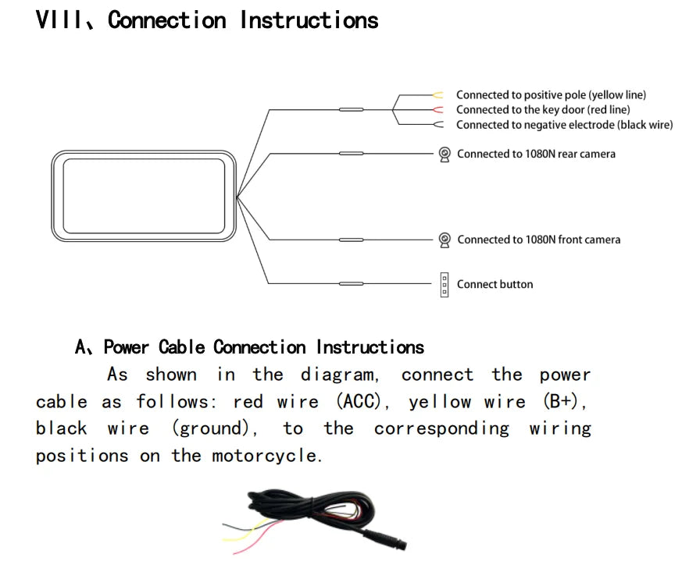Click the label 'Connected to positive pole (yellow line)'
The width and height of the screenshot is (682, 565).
click(551, 95)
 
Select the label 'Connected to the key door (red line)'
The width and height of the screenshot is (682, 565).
click(542, 110)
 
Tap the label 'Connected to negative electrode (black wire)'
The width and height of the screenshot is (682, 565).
click(564, 125)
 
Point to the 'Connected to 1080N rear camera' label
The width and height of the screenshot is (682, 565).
click(536, 155)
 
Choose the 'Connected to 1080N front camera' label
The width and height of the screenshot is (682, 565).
click(538, 240)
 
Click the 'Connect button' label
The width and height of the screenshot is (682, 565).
click(495, 285)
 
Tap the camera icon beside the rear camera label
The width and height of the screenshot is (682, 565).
click(445, 155)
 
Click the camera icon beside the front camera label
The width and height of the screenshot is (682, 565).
click(445, 240)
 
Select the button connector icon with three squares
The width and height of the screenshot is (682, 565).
click(445, 285)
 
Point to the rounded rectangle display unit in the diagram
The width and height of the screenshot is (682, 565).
click(144, 195)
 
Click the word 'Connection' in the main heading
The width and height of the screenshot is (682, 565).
click(167, 20)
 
